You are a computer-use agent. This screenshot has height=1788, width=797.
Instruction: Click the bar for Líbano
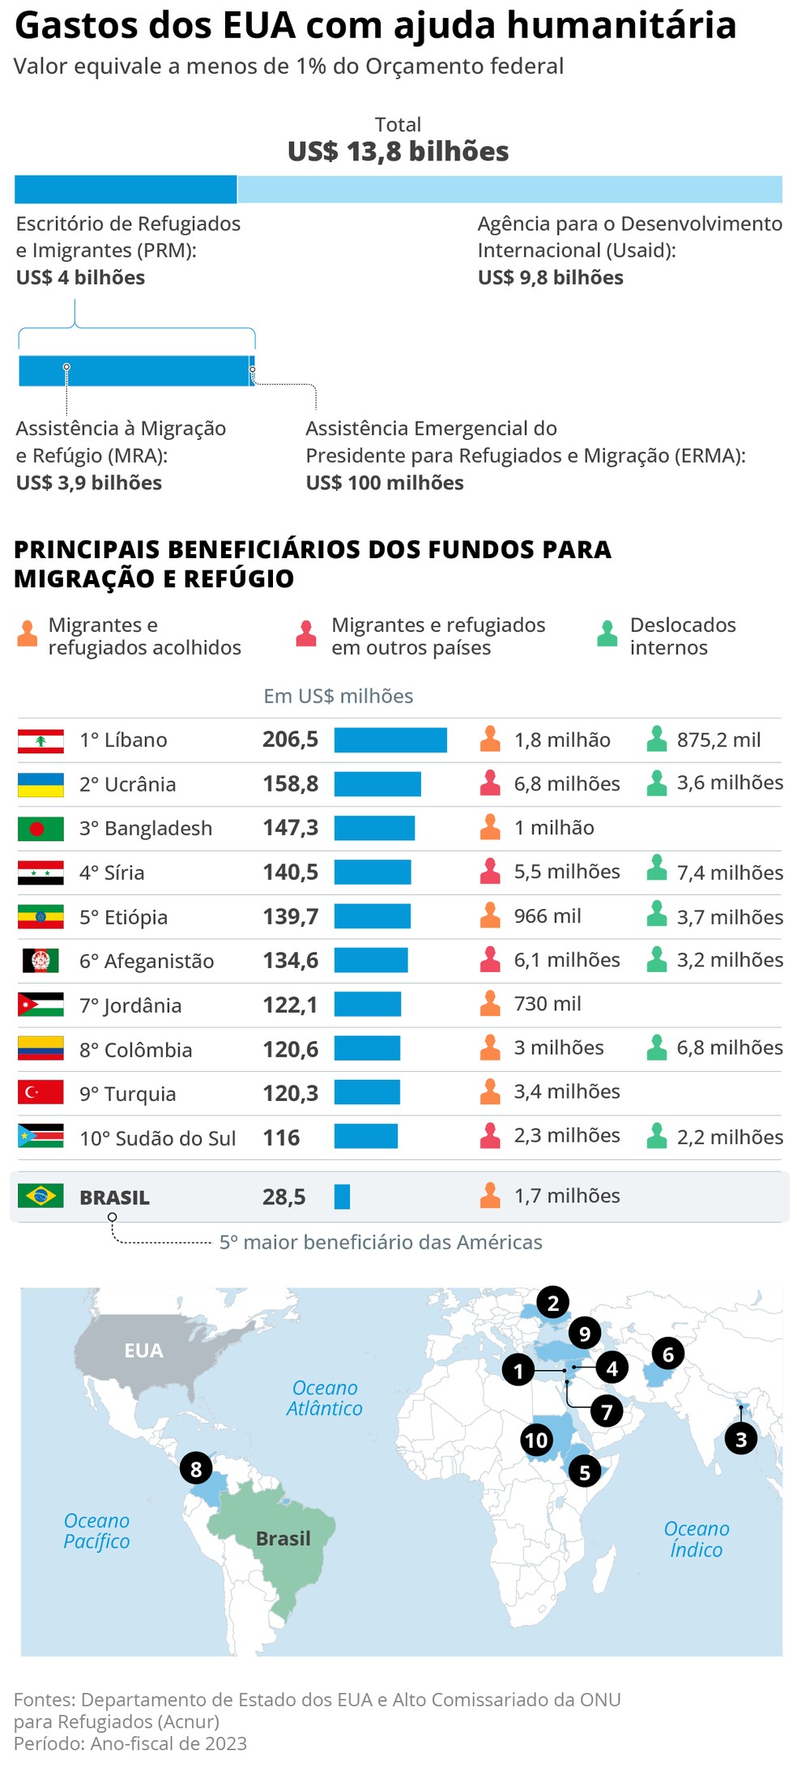[390, 740]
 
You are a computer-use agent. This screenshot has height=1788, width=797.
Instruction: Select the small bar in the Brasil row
[342, 1197]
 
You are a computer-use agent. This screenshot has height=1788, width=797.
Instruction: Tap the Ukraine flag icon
[40, 784]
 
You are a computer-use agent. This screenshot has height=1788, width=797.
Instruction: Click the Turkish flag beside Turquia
[40, 1092]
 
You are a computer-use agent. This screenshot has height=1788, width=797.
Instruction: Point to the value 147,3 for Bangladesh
[290, 828]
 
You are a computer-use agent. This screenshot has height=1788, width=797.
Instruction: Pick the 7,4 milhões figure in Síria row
[729, 873]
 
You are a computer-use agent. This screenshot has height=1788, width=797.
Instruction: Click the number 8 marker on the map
[196, 1468]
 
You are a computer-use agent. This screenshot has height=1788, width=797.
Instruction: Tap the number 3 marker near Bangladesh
[740, 1439]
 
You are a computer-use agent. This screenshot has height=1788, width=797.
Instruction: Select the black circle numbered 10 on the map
[536, 1440]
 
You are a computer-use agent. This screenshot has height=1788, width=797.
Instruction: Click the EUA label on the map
[143, 1351]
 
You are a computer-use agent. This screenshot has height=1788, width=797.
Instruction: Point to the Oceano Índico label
[696, 1538]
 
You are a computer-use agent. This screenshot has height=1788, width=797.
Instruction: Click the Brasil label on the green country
[283, 1538]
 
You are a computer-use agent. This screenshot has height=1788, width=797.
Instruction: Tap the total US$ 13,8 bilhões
[398, 151]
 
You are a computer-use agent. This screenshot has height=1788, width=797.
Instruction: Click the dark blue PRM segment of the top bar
[126, 189]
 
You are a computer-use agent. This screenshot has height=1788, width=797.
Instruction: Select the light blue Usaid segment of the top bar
[509, 189]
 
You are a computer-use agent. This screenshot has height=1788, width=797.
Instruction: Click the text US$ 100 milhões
[384, 483]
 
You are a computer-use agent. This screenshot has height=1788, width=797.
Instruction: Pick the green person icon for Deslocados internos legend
[607, 634]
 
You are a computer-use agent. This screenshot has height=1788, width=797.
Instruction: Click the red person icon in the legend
[306, 634]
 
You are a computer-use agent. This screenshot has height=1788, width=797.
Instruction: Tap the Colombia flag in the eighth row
[40, 1048]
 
